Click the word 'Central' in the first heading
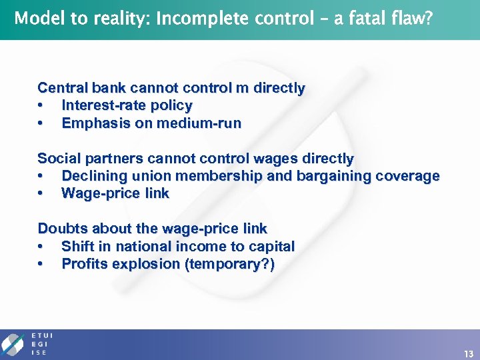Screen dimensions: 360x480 tap(60, 88)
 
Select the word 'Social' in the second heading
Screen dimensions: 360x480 tap(57, 159)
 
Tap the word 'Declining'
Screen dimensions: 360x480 tap(91, 176)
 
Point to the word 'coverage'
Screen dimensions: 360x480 tap(408, 176)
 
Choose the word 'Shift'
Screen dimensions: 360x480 tap(76, 247)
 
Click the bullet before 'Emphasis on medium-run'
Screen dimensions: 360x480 tap(41, 123)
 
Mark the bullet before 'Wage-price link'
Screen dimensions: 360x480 tap(41, 194)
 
